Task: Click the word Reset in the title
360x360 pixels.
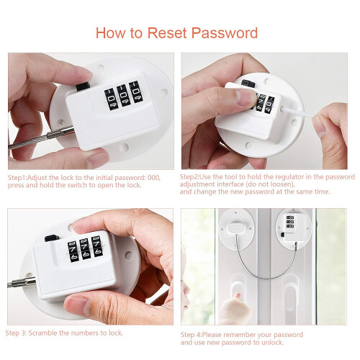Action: [x=167, y=32]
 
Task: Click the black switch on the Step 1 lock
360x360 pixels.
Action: [x=83, y=86]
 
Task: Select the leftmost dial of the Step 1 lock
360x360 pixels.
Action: [x=110, y=99]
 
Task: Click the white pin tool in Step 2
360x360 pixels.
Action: [x=297, y=112]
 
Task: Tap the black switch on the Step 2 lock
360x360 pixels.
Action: [x=248, y=84]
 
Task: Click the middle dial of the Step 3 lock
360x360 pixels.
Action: [x=85, y=248]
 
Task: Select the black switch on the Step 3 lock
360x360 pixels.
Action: [x=52, y=238]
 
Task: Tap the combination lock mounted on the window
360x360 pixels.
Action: [x=293, y=227]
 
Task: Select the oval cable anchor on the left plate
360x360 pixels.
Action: [x=236, y=228]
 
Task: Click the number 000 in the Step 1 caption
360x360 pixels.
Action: [x=154, y=178]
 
